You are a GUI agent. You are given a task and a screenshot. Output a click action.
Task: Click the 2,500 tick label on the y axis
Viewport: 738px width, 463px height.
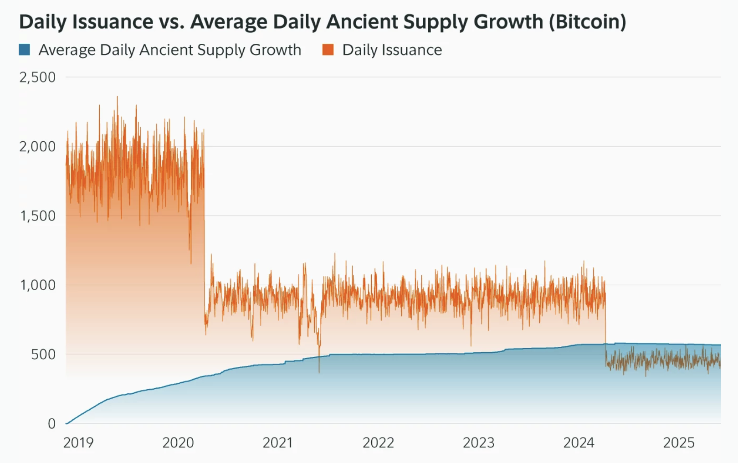pyautogui.click(x=37, y=77)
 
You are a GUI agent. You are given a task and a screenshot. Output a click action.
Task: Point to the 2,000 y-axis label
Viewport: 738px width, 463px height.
pyautogui.click(x=37, y=147)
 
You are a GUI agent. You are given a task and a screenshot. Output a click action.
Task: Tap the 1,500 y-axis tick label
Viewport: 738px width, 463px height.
pyautogui.click(x=37, y=216)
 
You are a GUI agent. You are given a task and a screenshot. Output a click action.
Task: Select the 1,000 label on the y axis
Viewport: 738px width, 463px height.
pyautogui.click(x=37, y=285)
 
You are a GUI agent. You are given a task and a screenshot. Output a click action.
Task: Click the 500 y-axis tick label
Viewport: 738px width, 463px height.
pyautogui.click(x=43, y=355)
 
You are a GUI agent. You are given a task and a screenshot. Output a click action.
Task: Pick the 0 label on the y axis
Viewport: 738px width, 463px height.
pyautogui.click(x=52, y=424)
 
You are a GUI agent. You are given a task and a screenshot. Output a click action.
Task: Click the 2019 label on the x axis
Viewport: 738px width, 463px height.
pyautogui.click(x=78, y=442)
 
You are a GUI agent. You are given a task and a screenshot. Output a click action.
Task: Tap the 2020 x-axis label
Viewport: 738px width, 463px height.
pyautogui.click(x=178, y=442)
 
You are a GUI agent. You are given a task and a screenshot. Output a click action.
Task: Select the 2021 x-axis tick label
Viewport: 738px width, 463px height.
pyautogui.click(x=278, y=442)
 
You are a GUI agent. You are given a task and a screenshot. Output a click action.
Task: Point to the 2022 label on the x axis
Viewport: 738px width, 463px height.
pyautogui.click(x=378, y=442)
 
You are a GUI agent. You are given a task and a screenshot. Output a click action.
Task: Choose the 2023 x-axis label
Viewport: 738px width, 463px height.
pyautogui.click(x=478, y=442)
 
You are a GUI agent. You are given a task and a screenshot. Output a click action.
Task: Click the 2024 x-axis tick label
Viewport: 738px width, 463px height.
pyautogui.click(x=579, y=442)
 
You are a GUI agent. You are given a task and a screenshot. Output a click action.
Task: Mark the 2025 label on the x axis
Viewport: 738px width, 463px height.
pyautogui.click(x=679, y=442)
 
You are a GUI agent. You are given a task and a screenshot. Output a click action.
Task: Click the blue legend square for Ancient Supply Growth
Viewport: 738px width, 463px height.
pyautogui.click(x=25, y=50)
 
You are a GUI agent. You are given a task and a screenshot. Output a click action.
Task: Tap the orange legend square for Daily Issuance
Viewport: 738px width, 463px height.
pyautogui.click(x=328, y=50)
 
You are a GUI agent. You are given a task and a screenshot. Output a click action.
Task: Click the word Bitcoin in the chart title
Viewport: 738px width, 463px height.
pyautogui.click(x=587, y=22)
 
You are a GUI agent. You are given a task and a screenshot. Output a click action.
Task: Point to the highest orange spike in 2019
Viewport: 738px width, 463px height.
pyautogui.click(x=117, y=97)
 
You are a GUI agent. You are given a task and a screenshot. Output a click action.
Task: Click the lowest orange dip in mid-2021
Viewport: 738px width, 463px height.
pyautogui.click(x=319, y=372)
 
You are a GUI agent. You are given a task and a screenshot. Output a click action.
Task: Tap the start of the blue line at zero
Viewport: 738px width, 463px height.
pyautogui.click(x=67, y=423)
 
